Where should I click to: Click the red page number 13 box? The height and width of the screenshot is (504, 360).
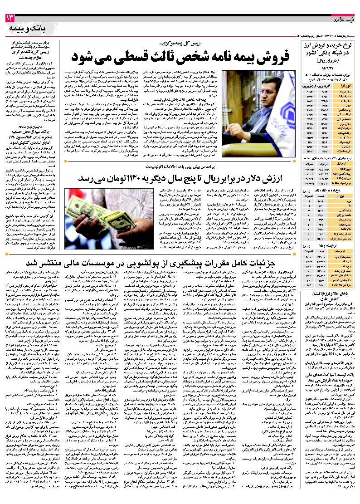(10, 18)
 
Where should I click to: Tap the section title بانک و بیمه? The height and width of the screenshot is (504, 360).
(27, 29)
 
